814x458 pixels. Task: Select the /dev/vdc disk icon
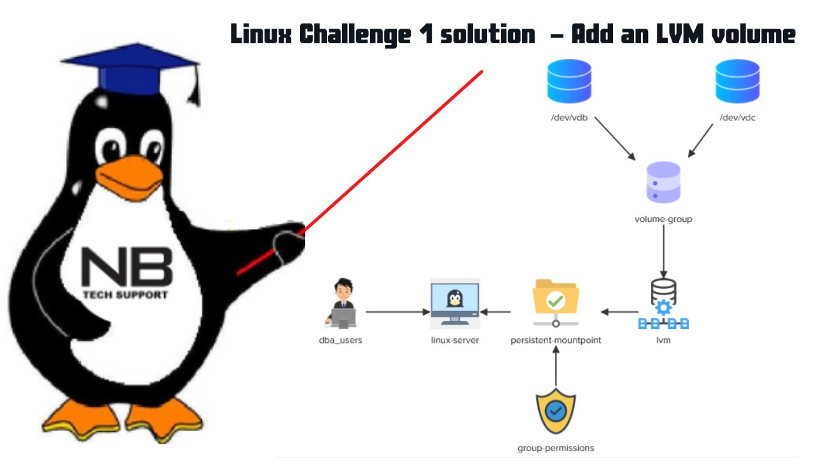[737, 81]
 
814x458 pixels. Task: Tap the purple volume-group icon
[663, 183]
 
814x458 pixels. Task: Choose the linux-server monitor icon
[455, 302]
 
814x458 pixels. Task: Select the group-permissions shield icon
[555, 411]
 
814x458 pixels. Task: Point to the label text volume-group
[663, 219]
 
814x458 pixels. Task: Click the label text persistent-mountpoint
[556, 340]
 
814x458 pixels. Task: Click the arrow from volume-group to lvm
[663, 250]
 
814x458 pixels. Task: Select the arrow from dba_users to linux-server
[398, 312]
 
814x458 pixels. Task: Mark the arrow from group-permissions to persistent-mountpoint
[556, 367]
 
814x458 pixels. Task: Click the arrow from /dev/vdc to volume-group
[700, 139]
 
